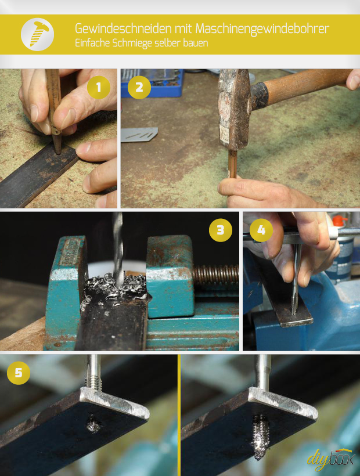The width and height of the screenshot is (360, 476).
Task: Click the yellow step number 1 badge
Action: tap(99, 88)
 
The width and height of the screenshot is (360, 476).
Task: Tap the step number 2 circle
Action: tap(139, 88)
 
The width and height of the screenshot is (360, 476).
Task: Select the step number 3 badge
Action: tap(221, 230)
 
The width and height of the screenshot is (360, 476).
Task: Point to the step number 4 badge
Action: tap(261, 230)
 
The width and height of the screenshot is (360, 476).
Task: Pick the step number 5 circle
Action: tap(19, 373)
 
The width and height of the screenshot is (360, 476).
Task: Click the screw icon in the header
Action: tap(38, 34)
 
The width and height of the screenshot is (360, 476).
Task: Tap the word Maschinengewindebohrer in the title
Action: tap(262, 29)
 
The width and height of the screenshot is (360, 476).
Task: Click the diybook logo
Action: tap(330, 460)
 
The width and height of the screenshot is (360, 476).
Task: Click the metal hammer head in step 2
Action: tap(233, 109)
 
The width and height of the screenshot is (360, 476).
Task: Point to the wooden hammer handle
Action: tap(304, 86)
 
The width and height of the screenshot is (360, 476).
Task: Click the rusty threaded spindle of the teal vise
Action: tap(216, 275)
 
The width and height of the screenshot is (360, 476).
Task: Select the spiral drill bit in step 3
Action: tap(118, 249)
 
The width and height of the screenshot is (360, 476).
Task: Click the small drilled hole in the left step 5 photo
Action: tap(93, 424)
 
